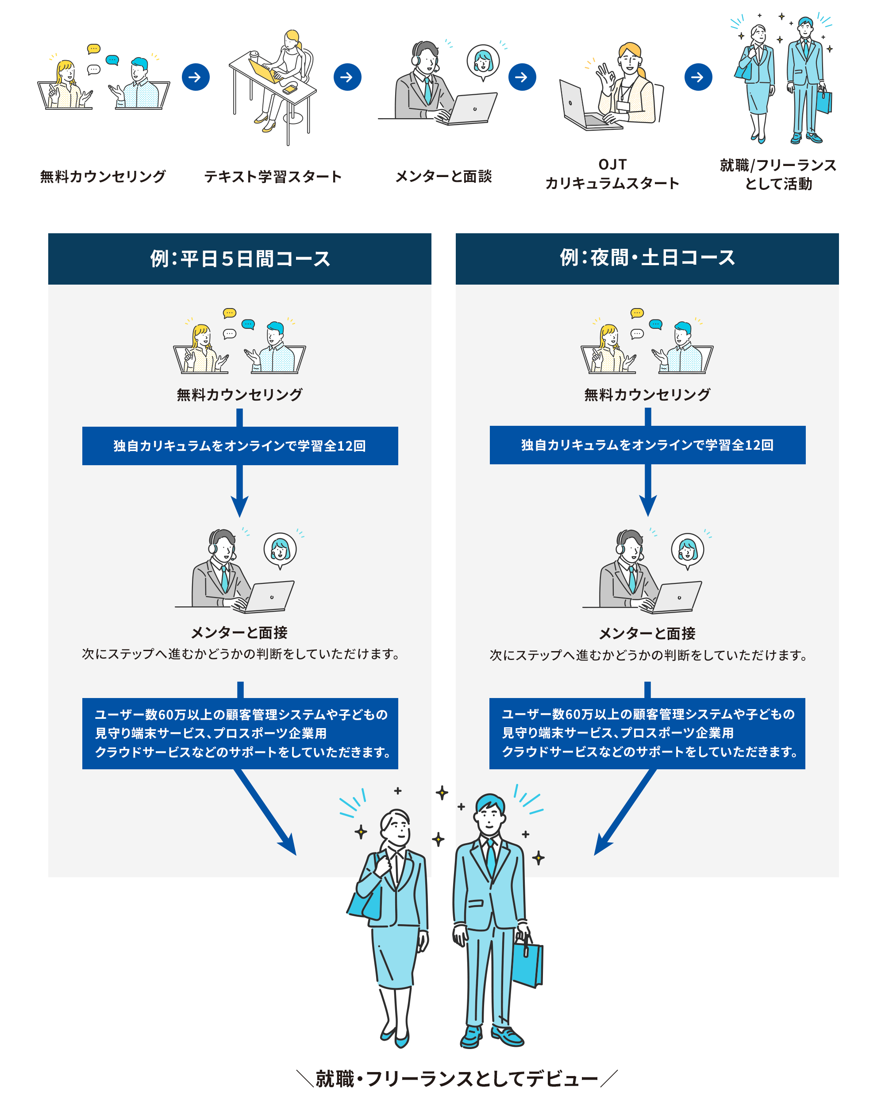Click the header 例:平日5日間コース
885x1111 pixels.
coord(239,258)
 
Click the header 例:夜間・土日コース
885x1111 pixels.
coord(647,258)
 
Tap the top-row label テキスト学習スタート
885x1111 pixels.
coord(273,177)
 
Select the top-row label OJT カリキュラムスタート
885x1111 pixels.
coord(612,174)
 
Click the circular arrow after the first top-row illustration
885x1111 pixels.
coord(195,77)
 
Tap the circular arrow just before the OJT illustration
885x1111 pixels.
coord(522,77)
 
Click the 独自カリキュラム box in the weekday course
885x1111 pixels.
coord(239,446)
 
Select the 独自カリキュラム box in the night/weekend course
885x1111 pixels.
coord(647,445)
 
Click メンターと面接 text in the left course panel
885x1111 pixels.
coord(239,632)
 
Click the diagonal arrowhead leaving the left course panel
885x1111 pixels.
coord(289,845)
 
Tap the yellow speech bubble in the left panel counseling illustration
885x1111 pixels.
coord(229,313)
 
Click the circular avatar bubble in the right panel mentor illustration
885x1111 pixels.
coord(687,549)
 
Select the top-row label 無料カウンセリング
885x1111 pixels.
coord(103,177)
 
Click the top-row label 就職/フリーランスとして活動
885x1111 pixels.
coord(778,174)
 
